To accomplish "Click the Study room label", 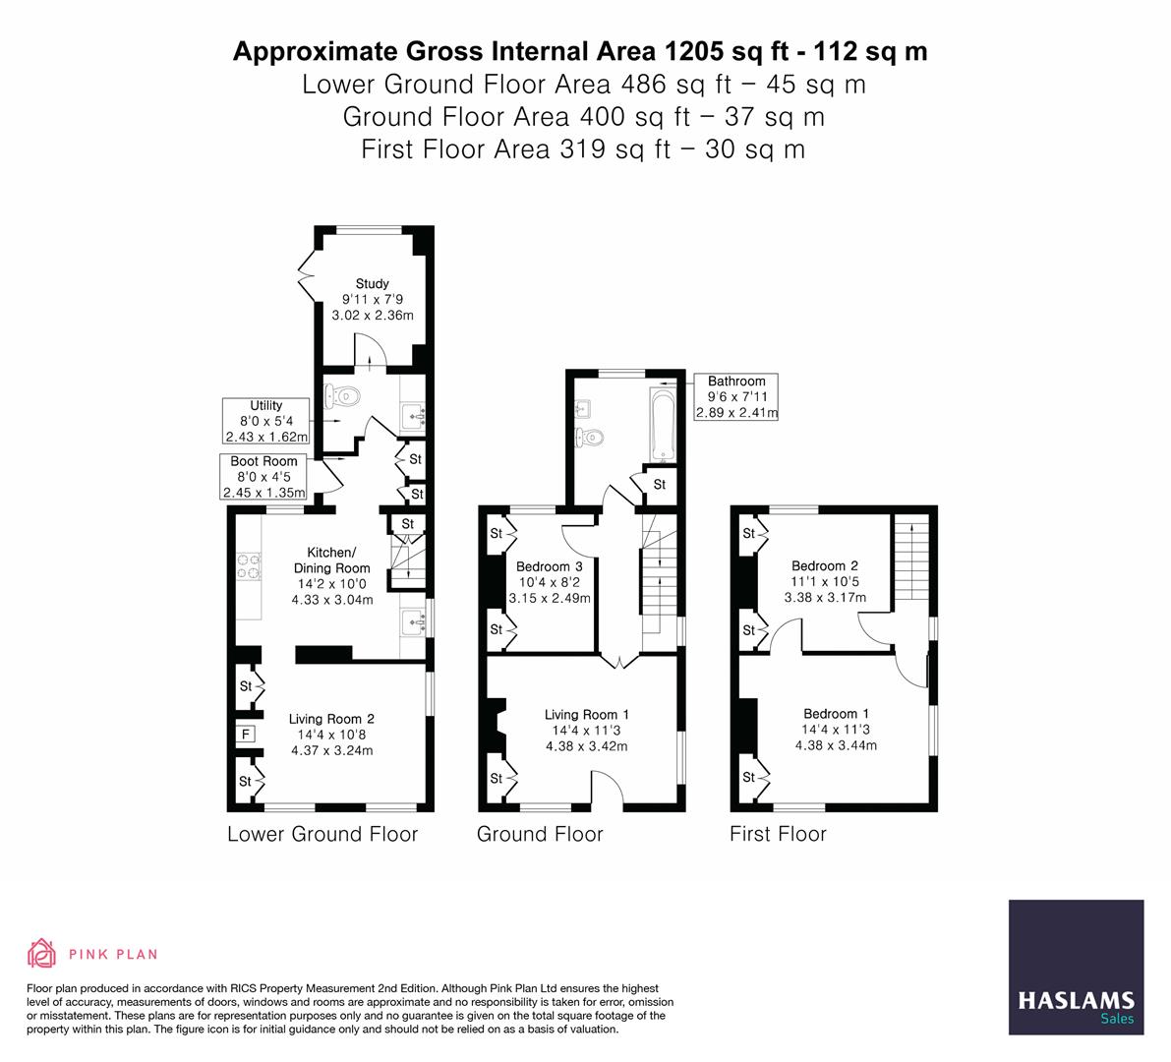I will [372, 284].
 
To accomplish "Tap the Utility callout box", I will [266, 421].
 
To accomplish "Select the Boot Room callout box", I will [263, 476].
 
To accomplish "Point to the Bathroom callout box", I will [736, 396].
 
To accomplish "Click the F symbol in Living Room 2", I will [245, 733].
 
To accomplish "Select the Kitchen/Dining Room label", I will [332, 560].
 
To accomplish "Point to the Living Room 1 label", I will [586, 715].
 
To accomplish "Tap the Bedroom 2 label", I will [825, 565].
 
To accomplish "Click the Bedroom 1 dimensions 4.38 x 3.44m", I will [836, 745].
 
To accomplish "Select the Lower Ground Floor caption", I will [322, 834].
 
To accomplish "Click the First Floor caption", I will [778, 834].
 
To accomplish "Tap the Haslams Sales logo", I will [1076, 968].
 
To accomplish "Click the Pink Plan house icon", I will [42, 953].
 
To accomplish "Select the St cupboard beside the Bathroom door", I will [659, 484].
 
